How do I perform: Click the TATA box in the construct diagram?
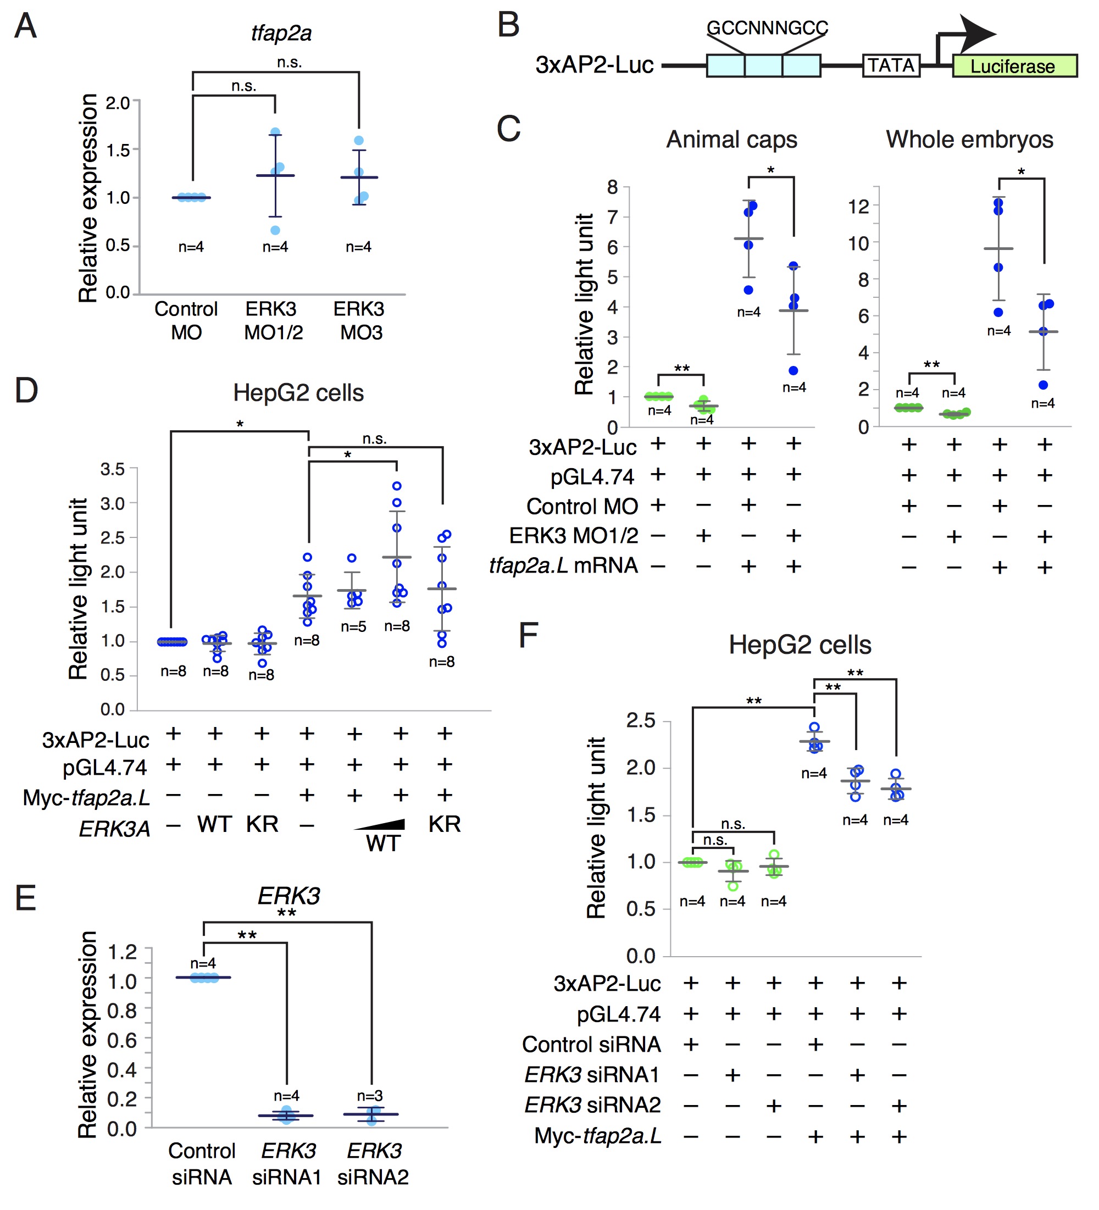(891, 65)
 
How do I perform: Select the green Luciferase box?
(1014, 65)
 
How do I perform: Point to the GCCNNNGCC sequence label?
(767, 27)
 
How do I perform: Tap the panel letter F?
(528, 636)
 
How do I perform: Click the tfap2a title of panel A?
(281, 34)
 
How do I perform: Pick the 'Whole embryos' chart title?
(969, 139)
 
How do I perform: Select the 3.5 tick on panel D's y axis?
(112, 469)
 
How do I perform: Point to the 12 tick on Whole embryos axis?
(858, 207)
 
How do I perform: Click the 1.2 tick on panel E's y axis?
(122, 952)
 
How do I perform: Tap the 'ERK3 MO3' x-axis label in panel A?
(359, 320)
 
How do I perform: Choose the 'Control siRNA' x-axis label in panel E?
(202, 1164)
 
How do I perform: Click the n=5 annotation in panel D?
(353, 626)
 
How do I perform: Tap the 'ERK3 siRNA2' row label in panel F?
(592, 1104)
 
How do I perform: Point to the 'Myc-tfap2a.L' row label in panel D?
(86, 797)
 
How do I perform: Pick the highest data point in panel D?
(397, 486)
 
